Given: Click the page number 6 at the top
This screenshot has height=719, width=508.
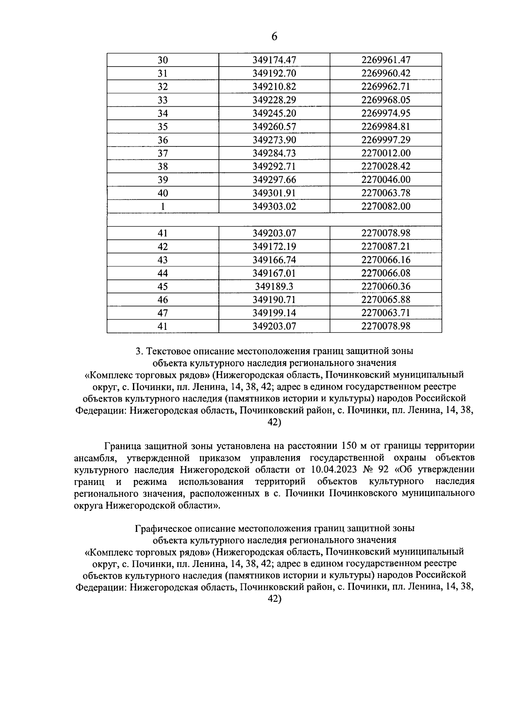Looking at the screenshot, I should click(274, 37).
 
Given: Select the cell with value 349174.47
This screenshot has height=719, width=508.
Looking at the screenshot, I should click(274, 60).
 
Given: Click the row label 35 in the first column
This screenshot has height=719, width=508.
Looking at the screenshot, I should click(163, 127).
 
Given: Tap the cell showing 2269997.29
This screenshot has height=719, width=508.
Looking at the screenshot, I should click(386, 140).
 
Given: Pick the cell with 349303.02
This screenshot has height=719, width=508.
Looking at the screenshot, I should click(274, 207).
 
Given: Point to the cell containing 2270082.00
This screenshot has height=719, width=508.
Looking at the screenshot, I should click(386, 207).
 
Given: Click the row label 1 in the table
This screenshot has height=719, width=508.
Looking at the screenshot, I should click(163, 207).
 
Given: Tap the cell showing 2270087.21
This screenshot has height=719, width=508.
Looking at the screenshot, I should click(386, 246).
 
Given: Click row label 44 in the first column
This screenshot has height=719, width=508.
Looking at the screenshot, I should click(163, 273).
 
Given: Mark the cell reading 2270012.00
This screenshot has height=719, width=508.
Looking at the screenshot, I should click(386, 153).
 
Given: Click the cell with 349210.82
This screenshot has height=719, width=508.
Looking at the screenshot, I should click(274, 87).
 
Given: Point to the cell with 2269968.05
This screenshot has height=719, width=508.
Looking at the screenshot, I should click(386, 100).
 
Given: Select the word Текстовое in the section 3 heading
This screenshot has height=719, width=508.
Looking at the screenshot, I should click(168, 351).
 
